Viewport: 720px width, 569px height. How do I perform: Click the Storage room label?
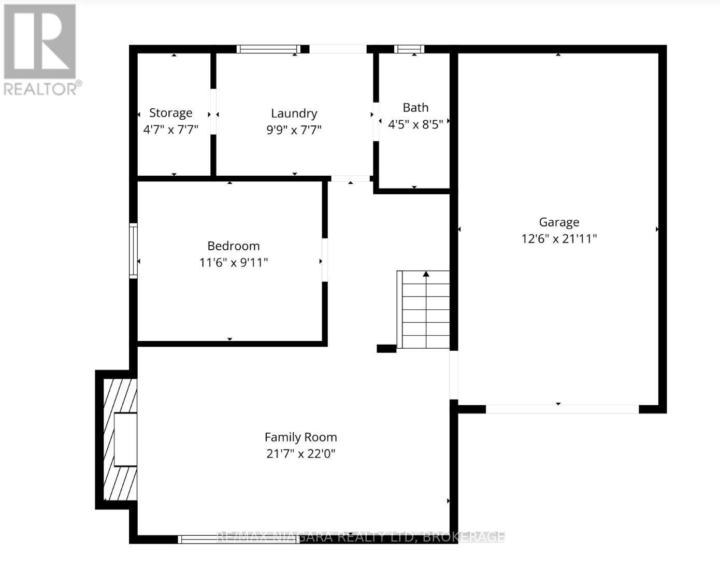170,113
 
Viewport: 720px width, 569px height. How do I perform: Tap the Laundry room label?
294,113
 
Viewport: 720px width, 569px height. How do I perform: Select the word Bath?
415,108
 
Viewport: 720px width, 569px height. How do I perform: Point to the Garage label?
559,222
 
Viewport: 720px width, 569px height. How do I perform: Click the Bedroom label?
233,246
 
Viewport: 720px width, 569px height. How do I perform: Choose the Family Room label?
300,437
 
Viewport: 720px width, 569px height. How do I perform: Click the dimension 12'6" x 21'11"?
559,239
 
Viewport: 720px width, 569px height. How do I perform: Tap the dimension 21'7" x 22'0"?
300,454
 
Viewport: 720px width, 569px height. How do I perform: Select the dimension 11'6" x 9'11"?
233,263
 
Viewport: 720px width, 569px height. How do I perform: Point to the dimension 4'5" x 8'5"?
415,124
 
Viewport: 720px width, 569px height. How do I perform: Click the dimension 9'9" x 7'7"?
294,130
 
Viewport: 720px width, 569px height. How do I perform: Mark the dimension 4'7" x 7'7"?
170,130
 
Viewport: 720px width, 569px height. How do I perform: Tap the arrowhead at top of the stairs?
426,274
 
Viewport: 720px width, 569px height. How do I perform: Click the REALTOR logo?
40,49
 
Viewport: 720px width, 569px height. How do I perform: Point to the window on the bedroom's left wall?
133,251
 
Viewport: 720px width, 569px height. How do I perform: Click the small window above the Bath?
409,49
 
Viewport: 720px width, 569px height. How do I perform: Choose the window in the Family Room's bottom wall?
238,539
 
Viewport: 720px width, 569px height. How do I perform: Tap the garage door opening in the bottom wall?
562,409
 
